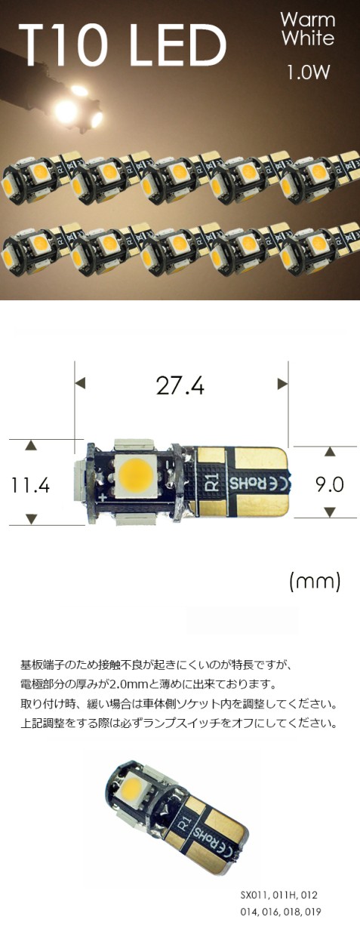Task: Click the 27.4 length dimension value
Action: coord(180,385)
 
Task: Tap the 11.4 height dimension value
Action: coord(30,485)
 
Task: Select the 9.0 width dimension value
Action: coord(330,484)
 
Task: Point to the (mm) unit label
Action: coord(315,582)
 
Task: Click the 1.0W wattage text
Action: coord(308,72)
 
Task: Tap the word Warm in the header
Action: coord(308,20)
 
